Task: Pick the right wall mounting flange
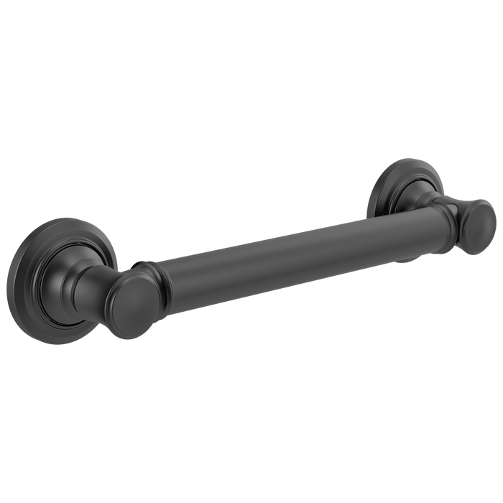coord(392,183)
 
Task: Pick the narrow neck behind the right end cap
coord(460,208)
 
